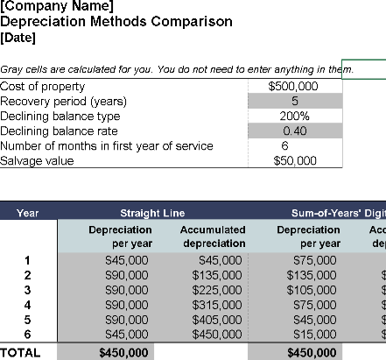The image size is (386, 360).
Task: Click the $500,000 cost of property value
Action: (294, 87)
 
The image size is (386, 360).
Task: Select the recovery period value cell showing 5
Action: (294, 102)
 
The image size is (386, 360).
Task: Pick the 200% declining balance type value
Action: (294, 116)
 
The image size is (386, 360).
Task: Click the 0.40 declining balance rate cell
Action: (294, 131)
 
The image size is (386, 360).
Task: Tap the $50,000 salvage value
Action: (294, 161)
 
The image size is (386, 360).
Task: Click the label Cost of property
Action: (43, 87)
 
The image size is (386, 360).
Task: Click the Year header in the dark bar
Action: (28, 213)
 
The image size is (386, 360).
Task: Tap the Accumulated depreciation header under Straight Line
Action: (214, 236)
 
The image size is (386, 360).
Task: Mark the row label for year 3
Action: (27, 290)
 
